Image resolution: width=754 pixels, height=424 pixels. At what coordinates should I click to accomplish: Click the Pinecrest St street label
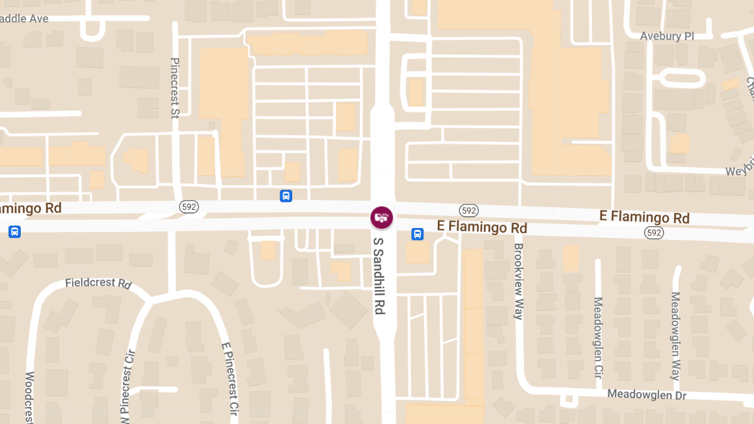pos(175,88)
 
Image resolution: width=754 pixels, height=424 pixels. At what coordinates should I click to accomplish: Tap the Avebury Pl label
pos(667,36)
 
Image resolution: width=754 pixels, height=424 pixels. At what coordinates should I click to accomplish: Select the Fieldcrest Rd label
pos(98,283)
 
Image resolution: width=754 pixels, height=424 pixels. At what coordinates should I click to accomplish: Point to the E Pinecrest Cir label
pos(230,380)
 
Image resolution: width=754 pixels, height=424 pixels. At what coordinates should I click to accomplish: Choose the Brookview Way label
pos(518,281)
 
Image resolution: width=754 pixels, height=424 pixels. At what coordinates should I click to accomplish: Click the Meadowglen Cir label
pos(598,337)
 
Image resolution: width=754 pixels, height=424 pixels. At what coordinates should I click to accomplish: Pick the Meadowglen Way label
pos(675,336)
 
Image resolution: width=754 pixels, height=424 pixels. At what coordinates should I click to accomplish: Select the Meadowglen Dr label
pos(647,395)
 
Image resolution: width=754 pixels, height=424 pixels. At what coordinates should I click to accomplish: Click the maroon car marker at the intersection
pos(381,218)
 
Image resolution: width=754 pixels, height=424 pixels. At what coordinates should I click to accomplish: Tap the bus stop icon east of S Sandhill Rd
pos(417,234)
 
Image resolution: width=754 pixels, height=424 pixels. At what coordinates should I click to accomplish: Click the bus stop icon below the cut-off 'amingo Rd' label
pos(14,232)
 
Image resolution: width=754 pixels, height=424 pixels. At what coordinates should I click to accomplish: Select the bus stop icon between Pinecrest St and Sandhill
pos(286,196)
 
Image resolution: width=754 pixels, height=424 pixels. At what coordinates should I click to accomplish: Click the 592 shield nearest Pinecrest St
pos(188,207)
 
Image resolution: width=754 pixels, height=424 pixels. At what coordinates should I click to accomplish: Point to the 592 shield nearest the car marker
pos(468,210)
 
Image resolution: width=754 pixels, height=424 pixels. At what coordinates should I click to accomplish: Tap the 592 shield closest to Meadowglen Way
pos(654,233)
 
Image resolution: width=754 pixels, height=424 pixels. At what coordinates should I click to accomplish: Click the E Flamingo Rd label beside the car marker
pos(482,227)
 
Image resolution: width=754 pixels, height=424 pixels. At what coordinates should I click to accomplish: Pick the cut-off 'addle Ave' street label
pos(24,19)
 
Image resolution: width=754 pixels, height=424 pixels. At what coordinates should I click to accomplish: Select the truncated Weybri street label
pos(739,171)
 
